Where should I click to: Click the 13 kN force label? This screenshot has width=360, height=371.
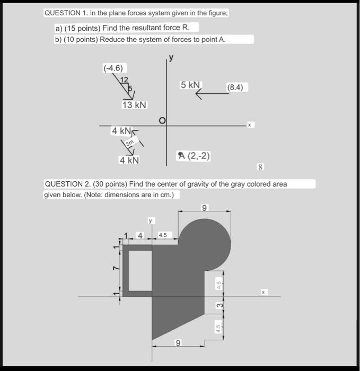click(x=134, y=105)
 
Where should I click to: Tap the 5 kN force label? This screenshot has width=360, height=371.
click(x=191, y=85)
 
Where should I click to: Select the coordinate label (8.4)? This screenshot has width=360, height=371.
click(x=235, y=87)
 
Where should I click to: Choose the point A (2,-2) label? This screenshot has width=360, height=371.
click(x=195, y=155)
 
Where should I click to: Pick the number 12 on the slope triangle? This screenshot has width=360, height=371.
click(x=124, y=79)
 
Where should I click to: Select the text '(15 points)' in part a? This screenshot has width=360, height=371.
click(x=81, y=27)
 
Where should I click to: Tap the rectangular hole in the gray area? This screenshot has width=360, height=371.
click(x=141, y=270)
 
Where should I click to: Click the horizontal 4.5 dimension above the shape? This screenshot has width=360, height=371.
click(x=162, y=235)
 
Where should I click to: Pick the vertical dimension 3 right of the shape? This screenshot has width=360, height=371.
click(x=217, y=306)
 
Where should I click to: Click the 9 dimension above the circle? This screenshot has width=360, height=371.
click(x=205, y=207)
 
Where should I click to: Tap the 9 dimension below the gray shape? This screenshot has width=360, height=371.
click(x=179, y=343)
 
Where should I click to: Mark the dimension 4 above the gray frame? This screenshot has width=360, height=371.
click(x=140, y=235)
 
